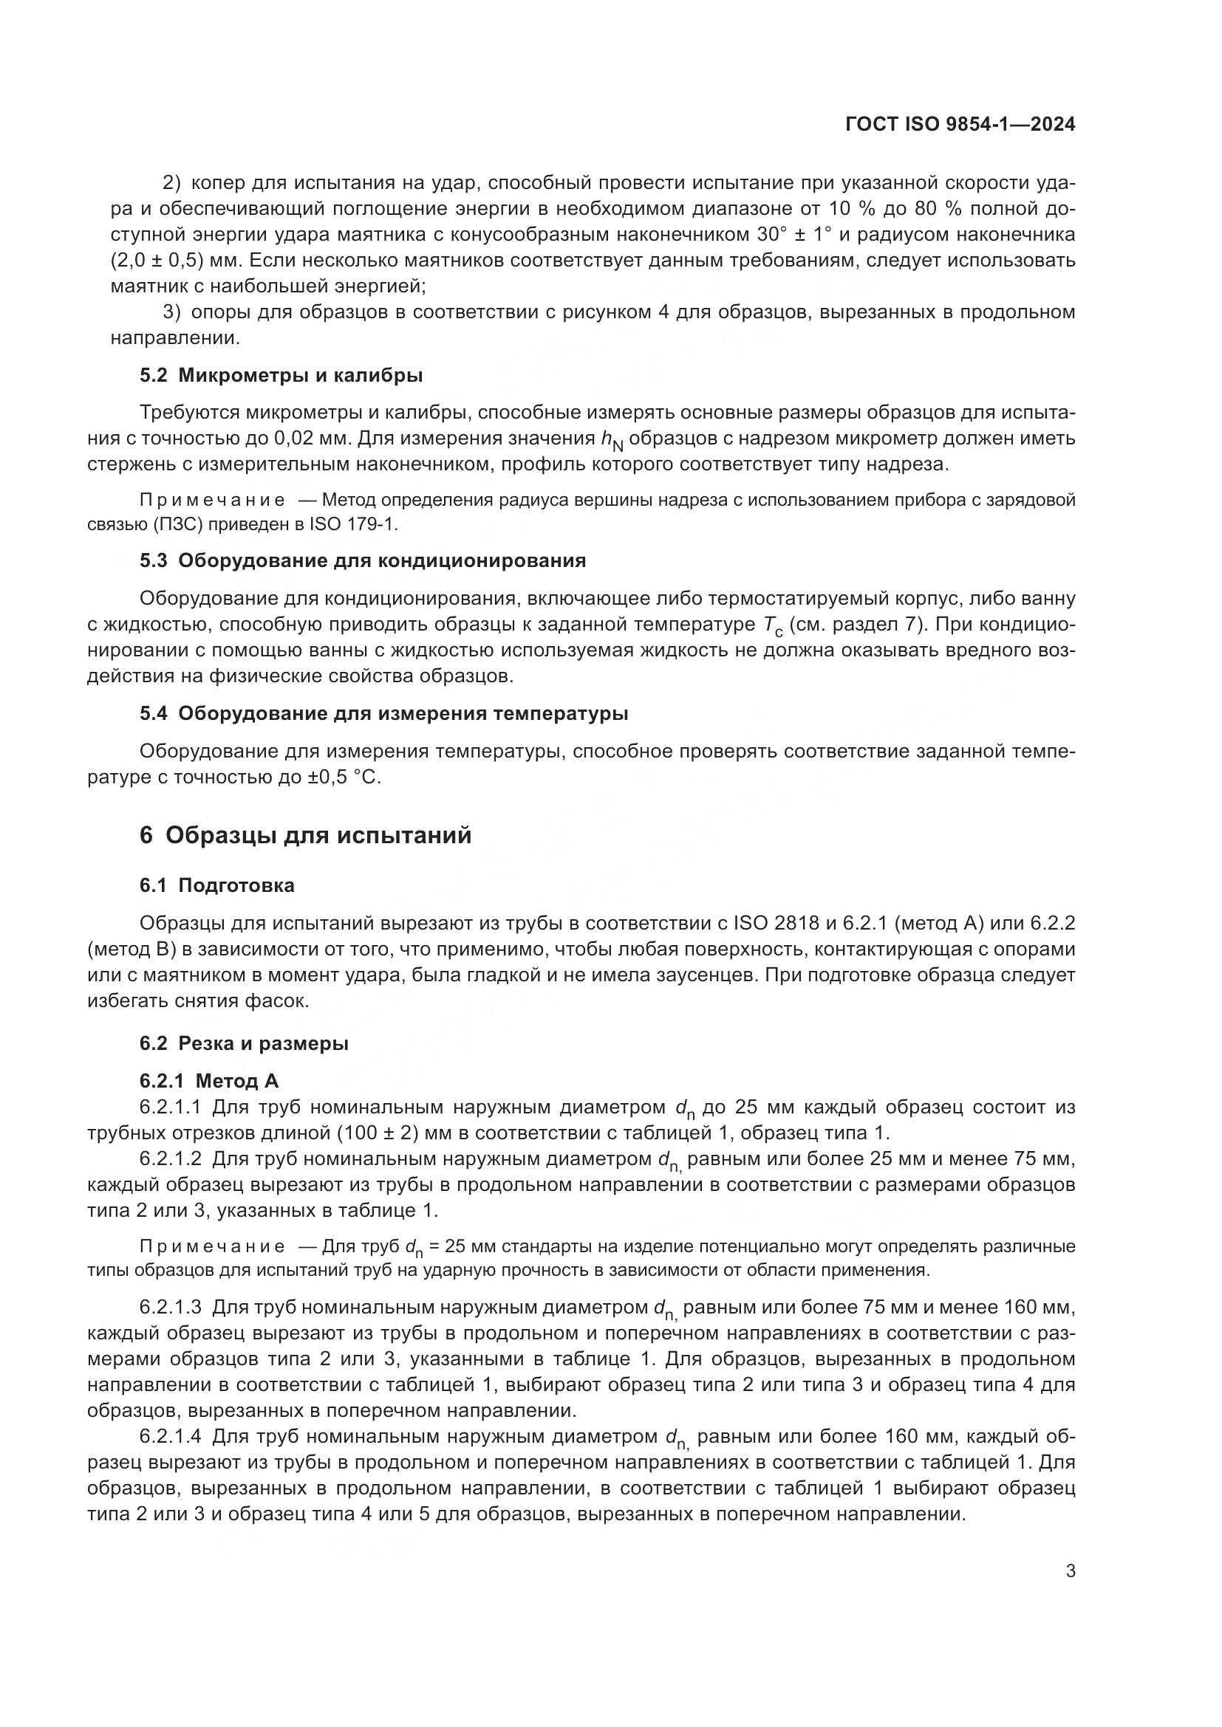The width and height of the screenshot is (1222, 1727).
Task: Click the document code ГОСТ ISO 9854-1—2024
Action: (x=960, y=125)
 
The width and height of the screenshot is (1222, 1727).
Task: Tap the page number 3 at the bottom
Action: (x=1070, y=1570)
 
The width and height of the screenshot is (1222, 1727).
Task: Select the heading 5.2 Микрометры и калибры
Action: (x=281, y=375)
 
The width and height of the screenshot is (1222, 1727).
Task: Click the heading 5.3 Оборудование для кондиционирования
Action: (x=362, y=560)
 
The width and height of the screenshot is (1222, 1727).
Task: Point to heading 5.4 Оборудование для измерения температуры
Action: (x=383, y=713)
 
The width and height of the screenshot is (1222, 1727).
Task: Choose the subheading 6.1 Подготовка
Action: (x=216, y=885)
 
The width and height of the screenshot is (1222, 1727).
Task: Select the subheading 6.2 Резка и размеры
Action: (x=244, y=1043)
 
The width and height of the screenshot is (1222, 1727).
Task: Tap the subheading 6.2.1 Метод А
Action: (x=208, y=1081)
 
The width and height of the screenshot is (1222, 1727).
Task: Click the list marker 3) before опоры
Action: (x=171, y=312)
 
